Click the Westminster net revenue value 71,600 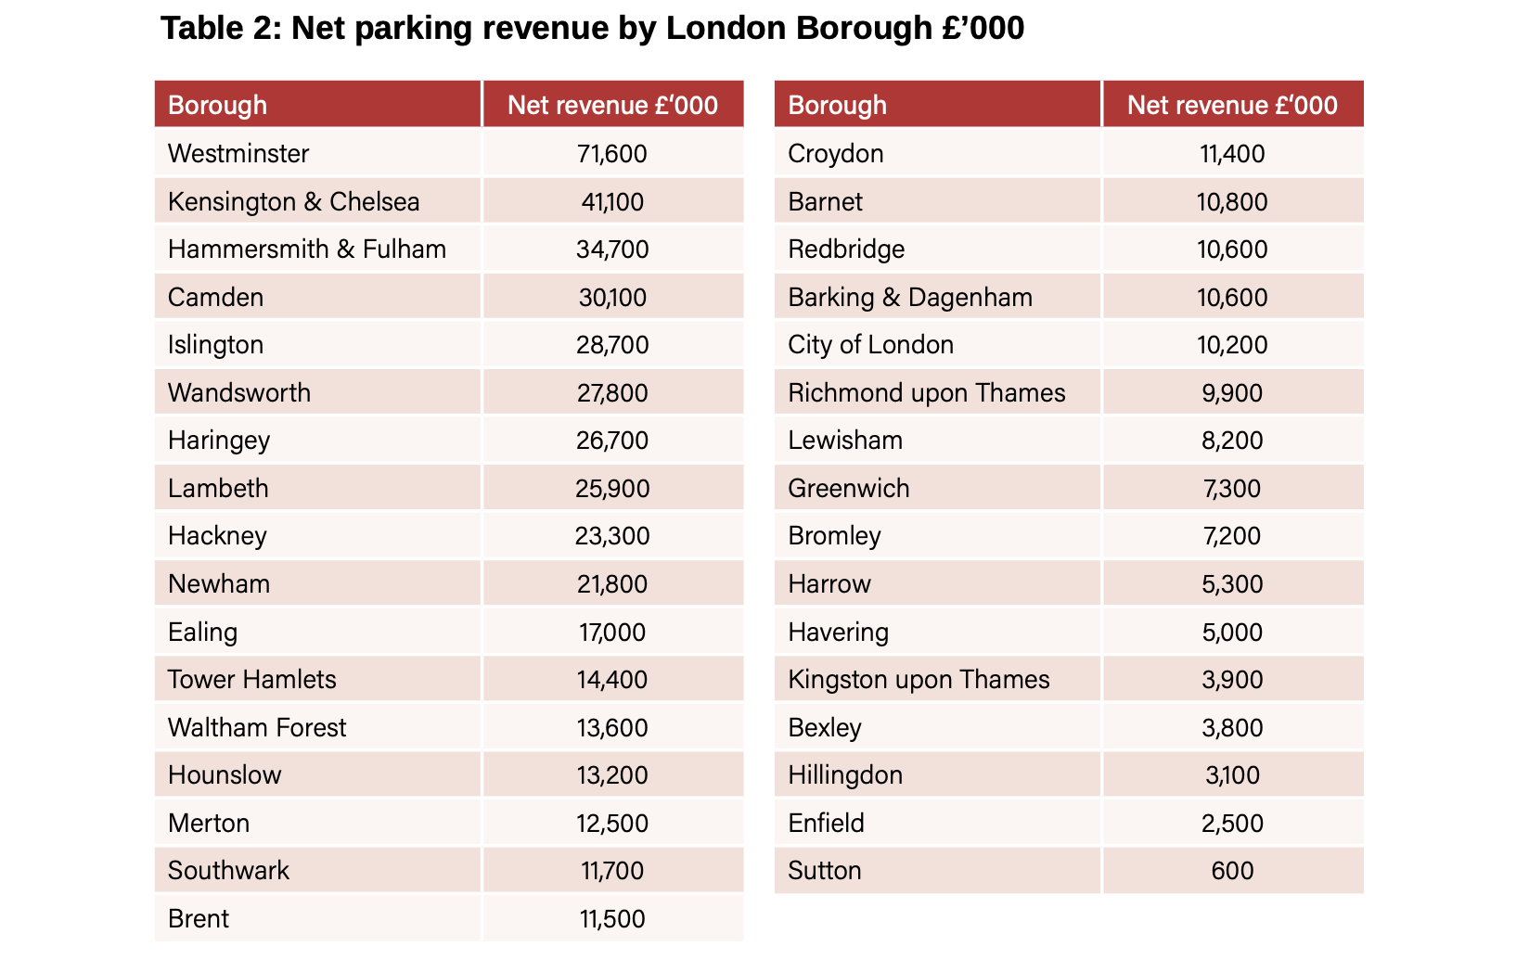tap(612, 153)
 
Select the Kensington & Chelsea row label tap(293, 201)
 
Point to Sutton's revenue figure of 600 tap(1232, 870)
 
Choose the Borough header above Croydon tap(837, 105)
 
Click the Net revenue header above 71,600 tap(612, 105)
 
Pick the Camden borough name tap(215, 297)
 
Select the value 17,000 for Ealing tap(612, 632)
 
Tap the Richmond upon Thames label tap(926, 392)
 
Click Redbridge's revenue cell tap(1232, 249)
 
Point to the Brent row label tap(199, 918)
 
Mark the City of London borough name tap(870, 344)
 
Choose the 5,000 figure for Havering tap(1232, 632)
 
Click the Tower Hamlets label tap(251, 679)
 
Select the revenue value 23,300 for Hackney tap(612, 535)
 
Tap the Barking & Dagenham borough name tap(909, 297)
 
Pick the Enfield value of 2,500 tap(1232, 823)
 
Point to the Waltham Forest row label tap(256, 727)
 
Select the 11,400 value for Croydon tap(1232, 153)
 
